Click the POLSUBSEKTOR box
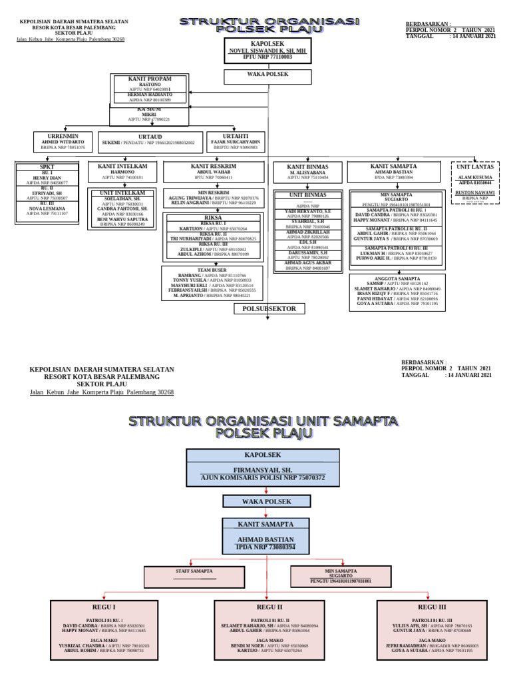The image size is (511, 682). [x=269, y=308]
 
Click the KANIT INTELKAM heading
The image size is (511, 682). [x=117, y=165]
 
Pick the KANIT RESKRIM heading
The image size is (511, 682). [x=214, y=165]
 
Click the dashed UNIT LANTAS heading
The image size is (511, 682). [x=475, y=167]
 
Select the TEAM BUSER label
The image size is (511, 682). [x=210, y=270]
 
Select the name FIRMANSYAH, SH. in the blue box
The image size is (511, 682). [x=265, y=469]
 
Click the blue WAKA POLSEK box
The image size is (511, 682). [x=265, y=501]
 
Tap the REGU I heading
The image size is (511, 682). [x=104, y=607]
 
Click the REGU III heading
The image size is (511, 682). [x=432, y=607]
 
